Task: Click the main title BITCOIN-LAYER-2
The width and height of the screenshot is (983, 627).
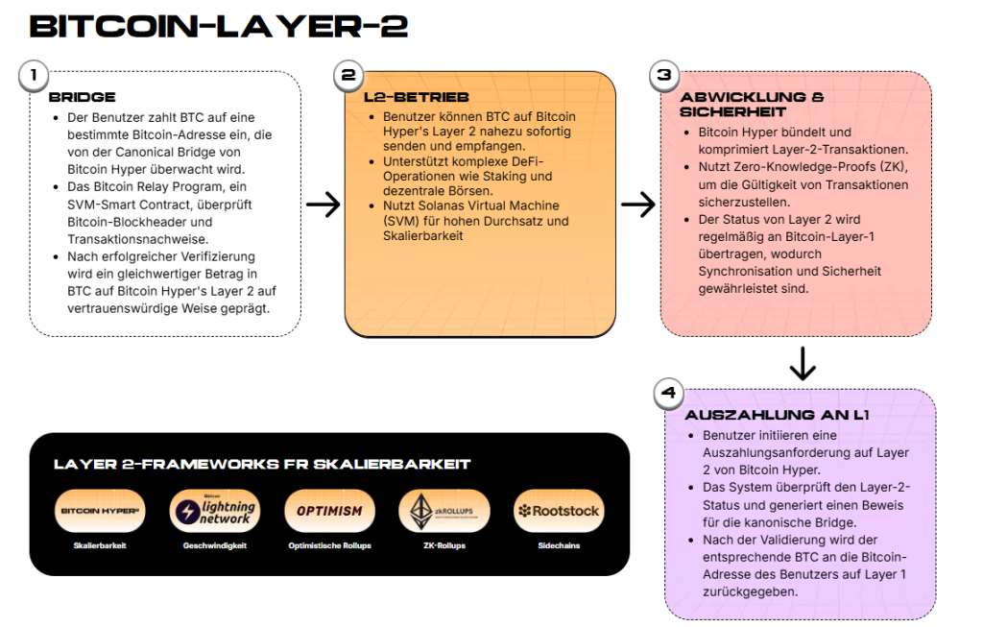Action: (219, 27)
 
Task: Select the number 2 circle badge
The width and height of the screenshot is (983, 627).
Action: (348, 75)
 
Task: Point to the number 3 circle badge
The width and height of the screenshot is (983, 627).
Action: (663, 75)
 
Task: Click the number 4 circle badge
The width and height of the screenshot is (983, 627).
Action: (668, 393)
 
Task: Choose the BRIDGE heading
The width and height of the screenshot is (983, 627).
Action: (82, 97)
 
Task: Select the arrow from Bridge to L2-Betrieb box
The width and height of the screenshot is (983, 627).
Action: (323, 204)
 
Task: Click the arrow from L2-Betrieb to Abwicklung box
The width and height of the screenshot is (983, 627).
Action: (637, 204)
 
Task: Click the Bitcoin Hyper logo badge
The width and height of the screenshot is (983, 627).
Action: (100, 511)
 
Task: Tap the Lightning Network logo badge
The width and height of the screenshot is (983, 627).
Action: (214, 511)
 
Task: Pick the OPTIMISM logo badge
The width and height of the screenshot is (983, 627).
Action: (329, 511)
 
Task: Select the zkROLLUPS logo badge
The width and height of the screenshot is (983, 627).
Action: (444, 511)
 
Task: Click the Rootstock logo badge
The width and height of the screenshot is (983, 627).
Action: (559, 511)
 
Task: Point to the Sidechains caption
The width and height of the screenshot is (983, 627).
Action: (559, 546)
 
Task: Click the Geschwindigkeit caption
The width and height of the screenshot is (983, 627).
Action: (214, 546)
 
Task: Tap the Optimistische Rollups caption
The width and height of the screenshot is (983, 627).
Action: (329, 546)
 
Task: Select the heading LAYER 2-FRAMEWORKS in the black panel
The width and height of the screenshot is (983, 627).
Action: (262, 465)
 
